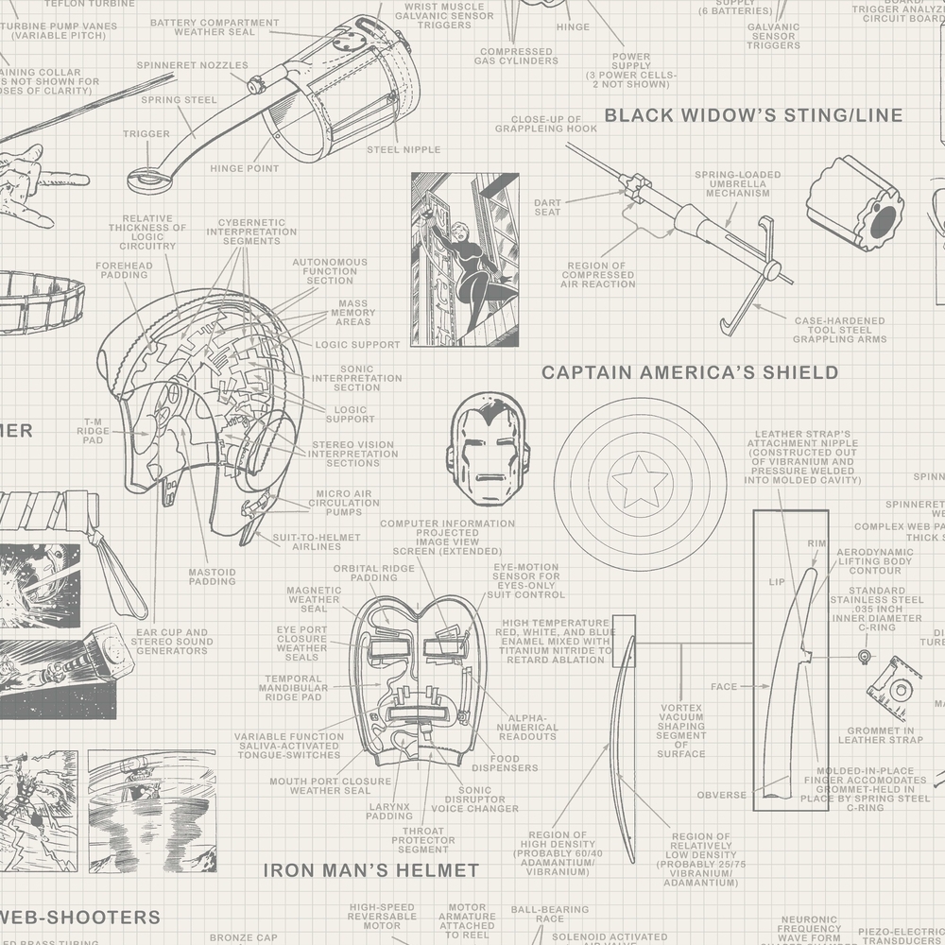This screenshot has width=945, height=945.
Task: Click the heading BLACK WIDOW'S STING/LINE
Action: [753, 115]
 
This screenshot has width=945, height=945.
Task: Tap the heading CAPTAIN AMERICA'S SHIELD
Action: [690, 372]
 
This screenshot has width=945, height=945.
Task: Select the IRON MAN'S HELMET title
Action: [370, 869]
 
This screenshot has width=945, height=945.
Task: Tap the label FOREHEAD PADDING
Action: [123, 272]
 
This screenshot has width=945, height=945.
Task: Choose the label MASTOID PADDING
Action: [212, 576]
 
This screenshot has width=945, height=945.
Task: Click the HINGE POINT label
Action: [244, 168]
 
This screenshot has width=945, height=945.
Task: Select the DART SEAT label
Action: [547, 207]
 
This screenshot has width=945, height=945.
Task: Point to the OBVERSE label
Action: [721, 795]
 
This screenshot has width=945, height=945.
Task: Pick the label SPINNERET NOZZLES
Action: [192, 65]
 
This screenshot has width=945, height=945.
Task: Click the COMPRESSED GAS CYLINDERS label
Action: [516, 56]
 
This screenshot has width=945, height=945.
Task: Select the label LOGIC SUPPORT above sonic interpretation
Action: [357, 345]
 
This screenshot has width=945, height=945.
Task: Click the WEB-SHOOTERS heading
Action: [80, 917]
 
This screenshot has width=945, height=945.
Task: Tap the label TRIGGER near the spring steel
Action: [146, 134]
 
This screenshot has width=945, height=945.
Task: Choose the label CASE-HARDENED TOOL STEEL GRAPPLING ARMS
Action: [838, 330]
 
